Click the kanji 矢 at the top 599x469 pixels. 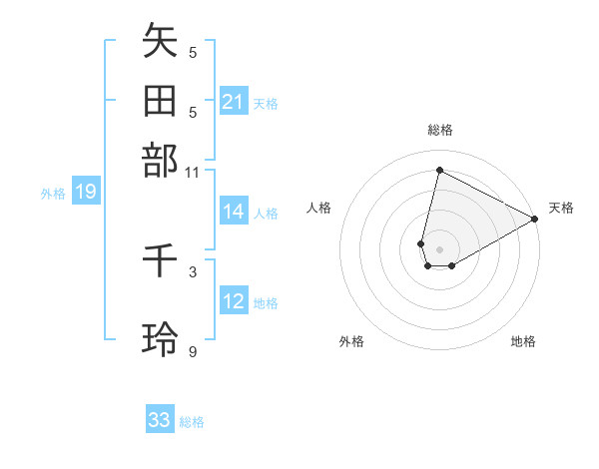click(x=160, y=43)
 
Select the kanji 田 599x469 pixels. click(x=160, y=103)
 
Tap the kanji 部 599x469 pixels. click(x=160, y=161)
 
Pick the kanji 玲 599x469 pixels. click(x=160, y=340)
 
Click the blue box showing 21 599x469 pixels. click(x=234, y=102)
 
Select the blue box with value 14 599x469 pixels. click(x=234, y=212)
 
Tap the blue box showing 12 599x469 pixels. click(x=234, y=301)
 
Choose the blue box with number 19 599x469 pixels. click(x=86, y=193)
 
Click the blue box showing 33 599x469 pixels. click(x=160, y=420)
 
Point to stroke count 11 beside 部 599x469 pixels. click(x=193, y=172)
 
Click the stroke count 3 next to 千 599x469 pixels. click(x=193, y=270)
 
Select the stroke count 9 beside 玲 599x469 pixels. click(x=193, y=350)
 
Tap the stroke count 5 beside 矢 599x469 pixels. click(x=193, y=52)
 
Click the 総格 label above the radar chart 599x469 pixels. click(x=440, y=130)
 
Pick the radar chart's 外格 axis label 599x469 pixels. click(x=351, y=341)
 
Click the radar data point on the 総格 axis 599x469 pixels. click(x=439, y=170)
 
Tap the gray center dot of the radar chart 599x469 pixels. click(x=439, y=249)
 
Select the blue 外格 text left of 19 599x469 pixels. click(x=53, y=194)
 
